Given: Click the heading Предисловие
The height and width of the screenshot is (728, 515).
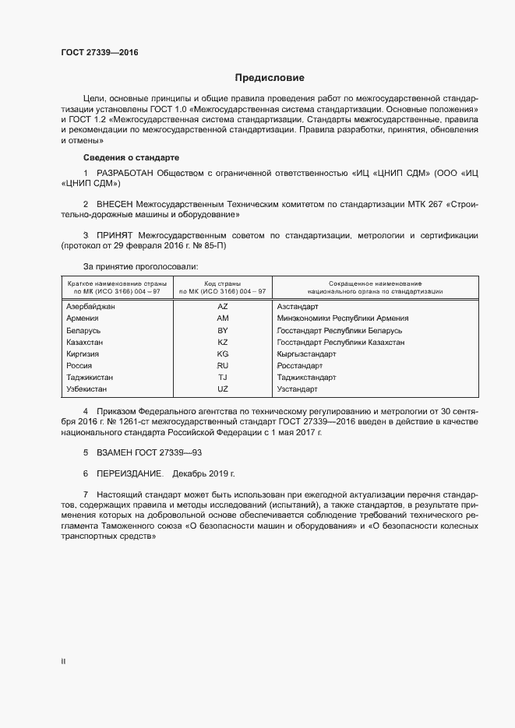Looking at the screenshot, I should point(270,78).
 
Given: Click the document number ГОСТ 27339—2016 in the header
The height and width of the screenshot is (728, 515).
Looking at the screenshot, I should point(100,53).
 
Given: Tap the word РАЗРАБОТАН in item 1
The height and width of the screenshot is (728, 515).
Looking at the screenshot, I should point(124,172).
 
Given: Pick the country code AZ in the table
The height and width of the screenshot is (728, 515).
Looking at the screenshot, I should point(223,307).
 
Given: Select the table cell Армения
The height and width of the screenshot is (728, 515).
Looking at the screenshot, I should point(83,318).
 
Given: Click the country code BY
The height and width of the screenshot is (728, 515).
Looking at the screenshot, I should point(223,330).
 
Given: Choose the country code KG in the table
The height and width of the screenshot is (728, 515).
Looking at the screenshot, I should point(223,353).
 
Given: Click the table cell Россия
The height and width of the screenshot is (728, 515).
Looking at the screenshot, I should point(79,365).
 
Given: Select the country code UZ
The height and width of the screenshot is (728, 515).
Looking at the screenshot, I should point(223,389).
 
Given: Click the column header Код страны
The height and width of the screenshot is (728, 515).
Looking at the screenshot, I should point(223,283).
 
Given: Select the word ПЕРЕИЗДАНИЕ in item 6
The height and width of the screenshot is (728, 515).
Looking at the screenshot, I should point(129,473).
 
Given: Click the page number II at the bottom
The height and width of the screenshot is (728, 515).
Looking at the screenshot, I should point(64,661).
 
